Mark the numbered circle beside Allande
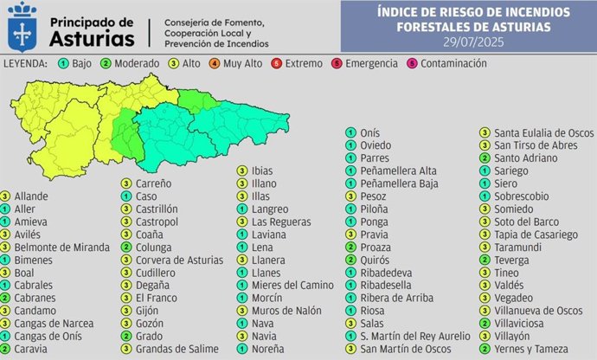6,196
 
